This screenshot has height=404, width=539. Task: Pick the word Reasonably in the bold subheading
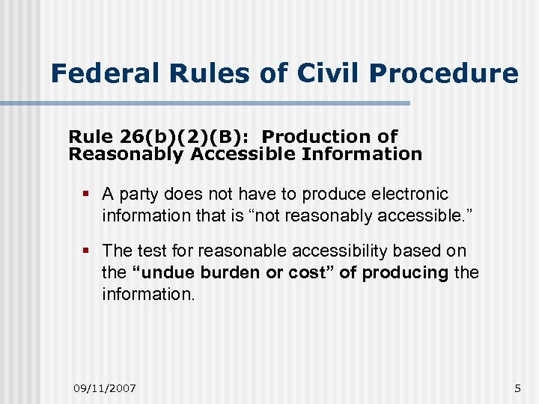click(126, 155)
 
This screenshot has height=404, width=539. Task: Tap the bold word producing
click(405, 273)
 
